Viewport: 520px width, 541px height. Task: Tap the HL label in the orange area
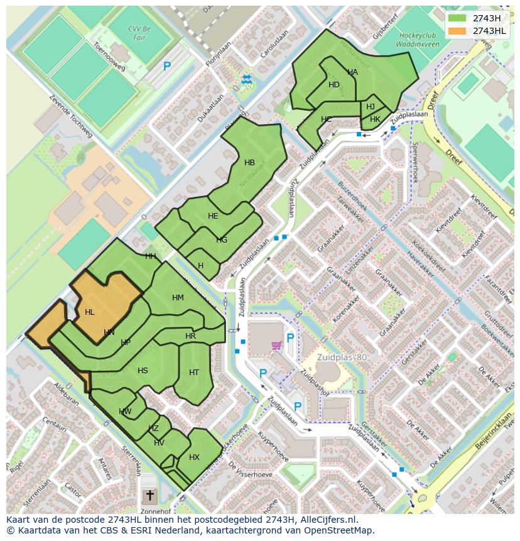point(90,312)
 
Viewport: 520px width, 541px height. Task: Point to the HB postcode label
point(249,163)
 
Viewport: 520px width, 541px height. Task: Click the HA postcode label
point(352,72)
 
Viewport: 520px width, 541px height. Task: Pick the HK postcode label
point(375,119)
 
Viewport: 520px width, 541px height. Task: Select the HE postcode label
point(213,216)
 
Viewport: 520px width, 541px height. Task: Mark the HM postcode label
point(178,298)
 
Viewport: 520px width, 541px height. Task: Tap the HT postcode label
point(194,373)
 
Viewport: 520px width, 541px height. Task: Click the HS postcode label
point(143,371)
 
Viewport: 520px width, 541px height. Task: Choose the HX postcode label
point(194,457)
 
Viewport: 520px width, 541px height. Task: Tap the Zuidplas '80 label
point(342,358)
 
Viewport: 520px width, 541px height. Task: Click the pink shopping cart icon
point(276,345)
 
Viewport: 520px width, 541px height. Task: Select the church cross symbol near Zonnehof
point(149,496)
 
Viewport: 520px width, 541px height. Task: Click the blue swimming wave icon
point(246,79)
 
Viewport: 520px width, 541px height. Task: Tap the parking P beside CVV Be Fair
point(167,66)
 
